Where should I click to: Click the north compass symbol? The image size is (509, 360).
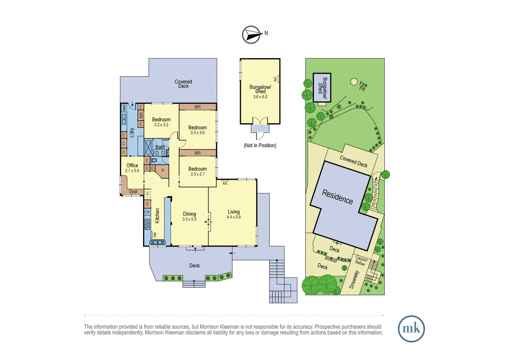point(252,35)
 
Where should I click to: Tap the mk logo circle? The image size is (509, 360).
point(411,329)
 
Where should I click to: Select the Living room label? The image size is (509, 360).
point(234,212)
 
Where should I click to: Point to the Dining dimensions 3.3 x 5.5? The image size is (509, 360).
point(189,219)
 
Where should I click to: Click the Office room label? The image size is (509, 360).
point(132,165)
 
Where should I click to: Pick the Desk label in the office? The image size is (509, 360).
point(133,192)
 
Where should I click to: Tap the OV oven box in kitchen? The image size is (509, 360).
point(147,212)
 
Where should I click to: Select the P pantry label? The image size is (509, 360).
point(163,171)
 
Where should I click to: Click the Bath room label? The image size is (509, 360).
point(160,147)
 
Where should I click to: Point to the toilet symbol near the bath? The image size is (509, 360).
point(154,160)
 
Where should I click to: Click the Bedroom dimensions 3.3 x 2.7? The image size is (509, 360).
point(198,174)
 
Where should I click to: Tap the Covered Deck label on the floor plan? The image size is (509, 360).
point(183,84)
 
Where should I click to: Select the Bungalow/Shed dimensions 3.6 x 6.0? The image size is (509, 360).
point(260,97)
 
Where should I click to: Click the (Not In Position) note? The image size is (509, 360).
point(260,145)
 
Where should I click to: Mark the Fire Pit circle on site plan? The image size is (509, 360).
point(354,82)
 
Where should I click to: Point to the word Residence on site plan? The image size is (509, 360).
point(337,197)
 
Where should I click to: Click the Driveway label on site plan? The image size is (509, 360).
point(354,279)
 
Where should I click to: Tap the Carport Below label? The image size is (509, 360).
point(361,261)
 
